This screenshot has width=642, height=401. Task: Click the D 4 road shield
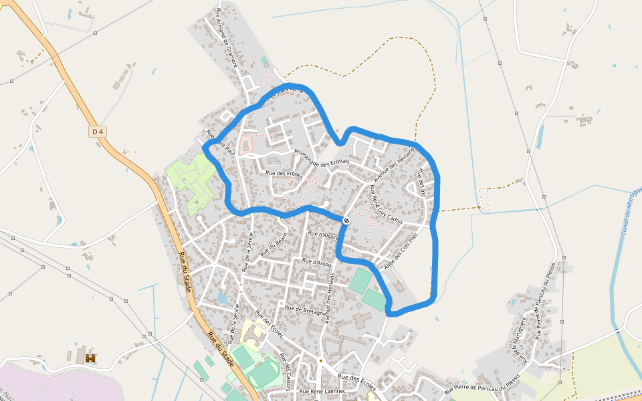98,132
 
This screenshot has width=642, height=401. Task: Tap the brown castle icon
90,358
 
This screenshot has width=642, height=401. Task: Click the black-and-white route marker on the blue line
346,221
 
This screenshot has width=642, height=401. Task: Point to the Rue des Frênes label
284,174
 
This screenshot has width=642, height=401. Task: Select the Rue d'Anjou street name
317,262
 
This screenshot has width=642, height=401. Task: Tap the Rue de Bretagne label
305,309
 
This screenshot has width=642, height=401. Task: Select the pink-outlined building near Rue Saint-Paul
247,144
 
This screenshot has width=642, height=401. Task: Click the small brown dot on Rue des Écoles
320,361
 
